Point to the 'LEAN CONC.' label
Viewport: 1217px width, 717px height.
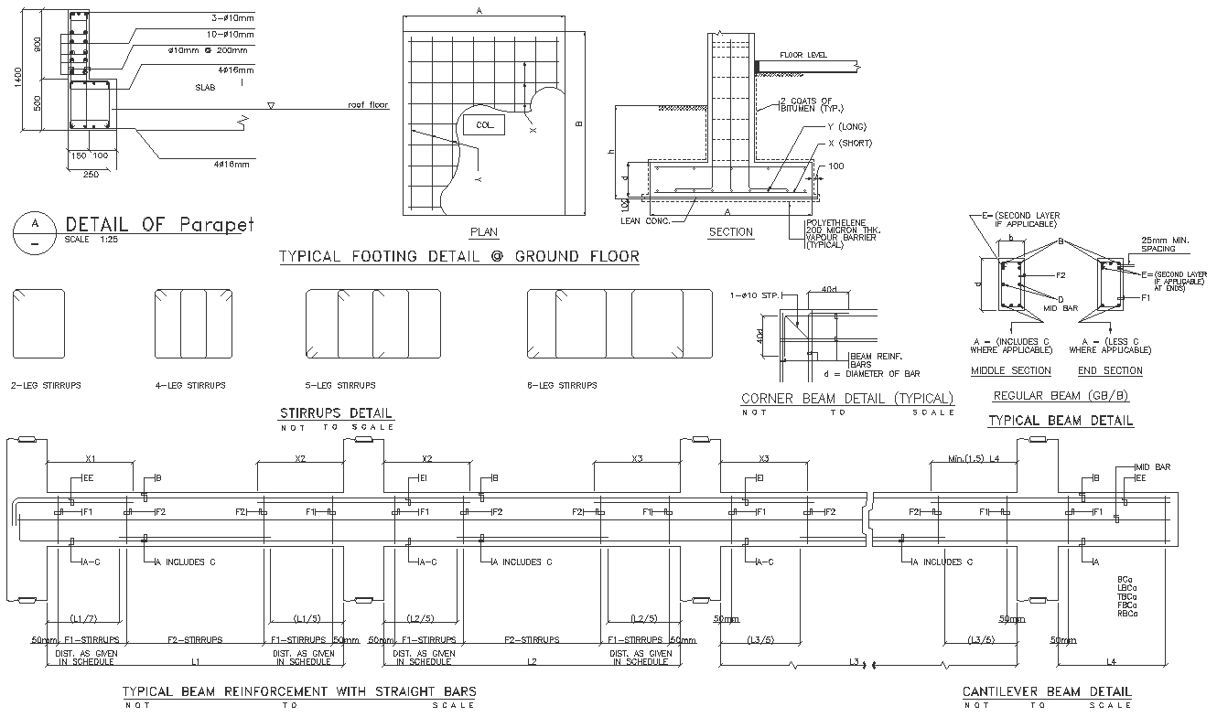[645, 220]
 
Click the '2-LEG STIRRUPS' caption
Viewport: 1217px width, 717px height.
[46, 386]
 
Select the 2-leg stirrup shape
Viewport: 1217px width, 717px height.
[38, 324]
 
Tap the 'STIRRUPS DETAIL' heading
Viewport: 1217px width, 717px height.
[336, 413]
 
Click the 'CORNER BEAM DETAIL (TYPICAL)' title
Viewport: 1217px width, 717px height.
[846, 399]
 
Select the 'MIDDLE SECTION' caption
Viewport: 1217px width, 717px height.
[1010, 370]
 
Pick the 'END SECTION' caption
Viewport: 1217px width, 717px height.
[1110, 370]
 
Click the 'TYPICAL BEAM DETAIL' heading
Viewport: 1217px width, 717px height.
[1061, 421]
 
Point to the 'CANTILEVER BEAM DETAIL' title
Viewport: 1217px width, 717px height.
[1047, 691]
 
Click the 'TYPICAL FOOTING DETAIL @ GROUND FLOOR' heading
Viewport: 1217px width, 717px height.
[458, 257]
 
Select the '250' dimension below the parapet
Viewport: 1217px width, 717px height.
[91, 174]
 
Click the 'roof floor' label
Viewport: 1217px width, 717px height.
[368, 105]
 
